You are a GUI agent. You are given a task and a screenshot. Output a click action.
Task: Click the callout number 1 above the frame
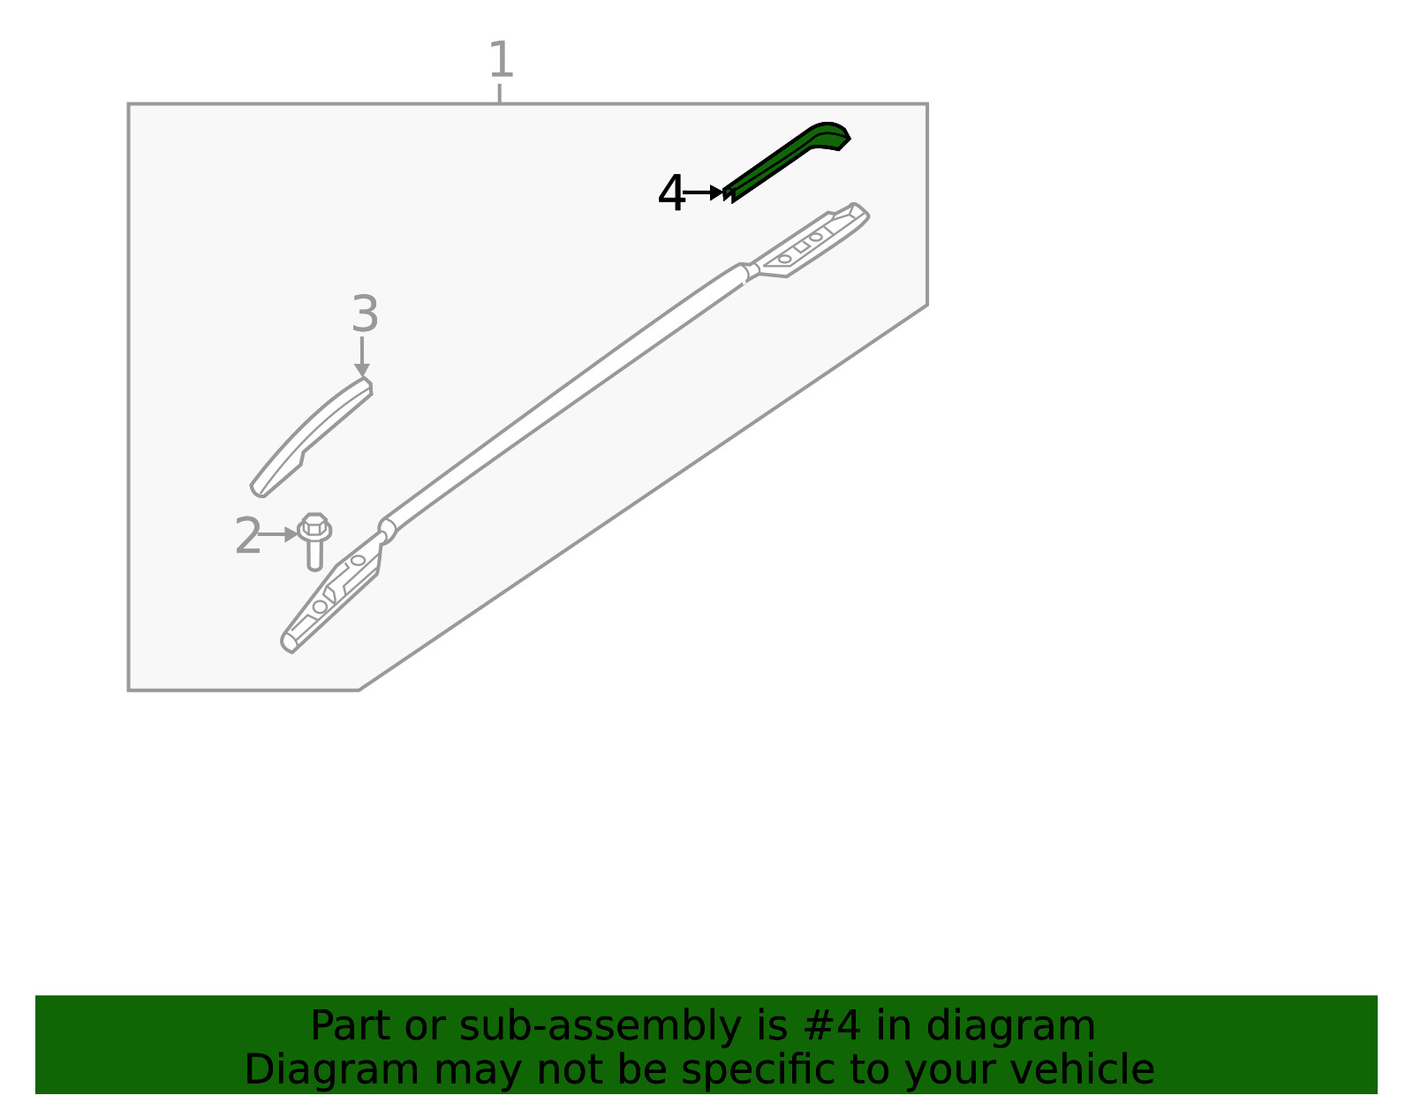(x=501, y=59)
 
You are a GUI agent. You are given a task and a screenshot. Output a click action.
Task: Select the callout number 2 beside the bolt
(x=248, y=535)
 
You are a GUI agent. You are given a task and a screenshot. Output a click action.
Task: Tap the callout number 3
(x=365, y=314)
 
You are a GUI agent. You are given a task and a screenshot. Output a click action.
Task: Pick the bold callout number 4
(x=671, y=193)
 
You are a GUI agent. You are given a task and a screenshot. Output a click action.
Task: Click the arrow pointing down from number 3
(x=362, y=356)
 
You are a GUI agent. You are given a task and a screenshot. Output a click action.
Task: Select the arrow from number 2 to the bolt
(x=278, y=535)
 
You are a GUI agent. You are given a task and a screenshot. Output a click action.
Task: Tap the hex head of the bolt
(x=314, y=525)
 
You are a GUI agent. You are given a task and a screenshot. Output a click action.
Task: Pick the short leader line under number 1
(x=499, y=93)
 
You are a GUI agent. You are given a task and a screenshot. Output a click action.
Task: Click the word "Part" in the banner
(x=351, y=1026)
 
